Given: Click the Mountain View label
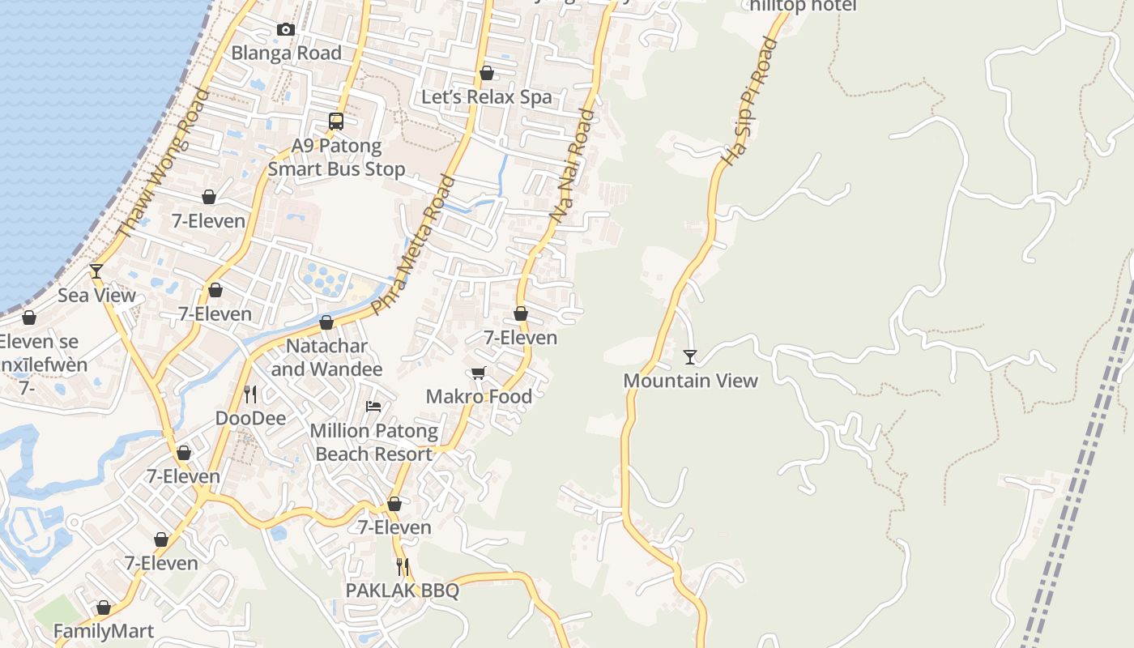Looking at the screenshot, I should (x=690, y=381).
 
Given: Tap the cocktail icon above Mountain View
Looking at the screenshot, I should (x=690, y=356).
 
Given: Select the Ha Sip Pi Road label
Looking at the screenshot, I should (x=749, y=102).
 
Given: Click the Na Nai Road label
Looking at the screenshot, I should (x=572, y=166).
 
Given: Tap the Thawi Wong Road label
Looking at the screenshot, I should (x=163, y=163).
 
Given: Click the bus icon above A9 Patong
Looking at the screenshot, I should (x=336, y=122).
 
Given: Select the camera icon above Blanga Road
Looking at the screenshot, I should (x=286, y=30).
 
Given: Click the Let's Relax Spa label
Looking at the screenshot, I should (x=486, y=97).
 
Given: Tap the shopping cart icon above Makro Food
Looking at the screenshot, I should (x=479, y=373).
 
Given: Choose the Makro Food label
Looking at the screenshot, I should (x=479, y=396).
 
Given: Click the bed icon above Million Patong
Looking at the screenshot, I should (x=373, y=406).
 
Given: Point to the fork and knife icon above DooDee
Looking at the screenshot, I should (x=250, y=394).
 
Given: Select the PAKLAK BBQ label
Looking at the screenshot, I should (x=402, y=590).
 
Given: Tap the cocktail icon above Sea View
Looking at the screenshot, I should (x=96, y=271).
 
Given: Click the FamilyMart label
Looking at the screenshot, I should (x=103, y=631).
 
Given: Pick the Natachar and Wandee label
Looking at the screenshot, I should (x=326, y=357).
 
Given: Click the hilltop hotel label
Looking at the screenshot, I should (x=803, y=6).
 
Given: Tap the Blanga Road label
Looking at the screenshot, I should (x=286, y=53).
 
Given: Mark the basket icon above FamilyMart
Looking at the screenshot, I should (x=103, y=607).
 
